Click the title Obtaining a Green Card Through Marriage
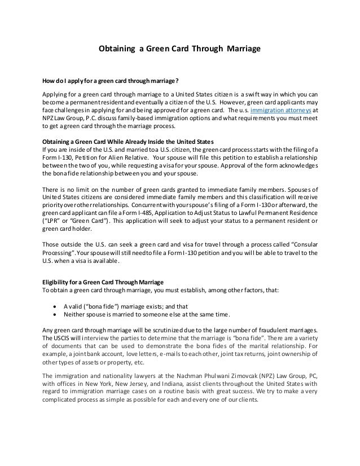click(x=179, y=49)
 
